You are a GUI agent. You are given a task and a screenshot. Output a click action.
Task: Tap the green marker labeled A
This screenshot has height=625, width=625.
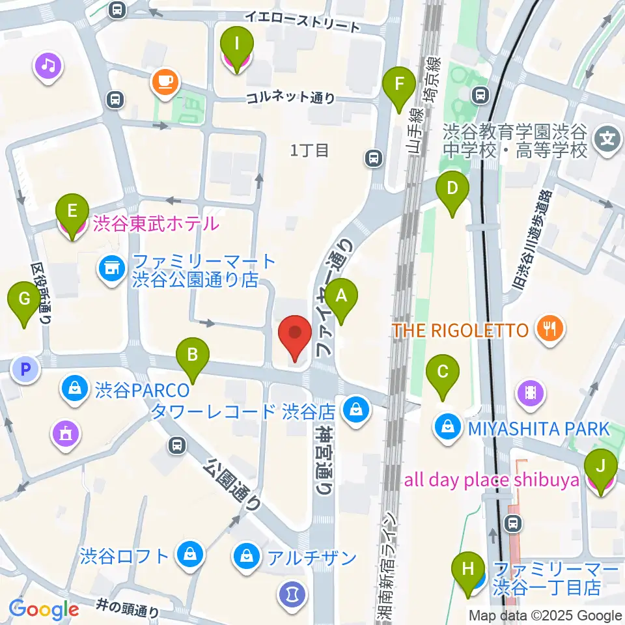pyautogui.click(x=340, y=300)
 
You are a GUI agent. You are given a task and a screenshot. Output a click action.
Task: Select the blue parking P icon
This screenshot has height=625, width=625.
pyautogui.click(x=25, y=370)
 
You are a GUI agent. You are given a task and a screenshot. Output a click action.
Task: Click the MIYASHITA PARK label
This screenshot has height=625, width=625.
pyautogui.click(x=537, y=429)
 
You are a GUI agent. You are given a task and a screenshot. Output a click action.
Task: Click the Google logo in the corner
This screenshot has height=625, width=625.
pyautogui.click(x=44, y=609)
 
